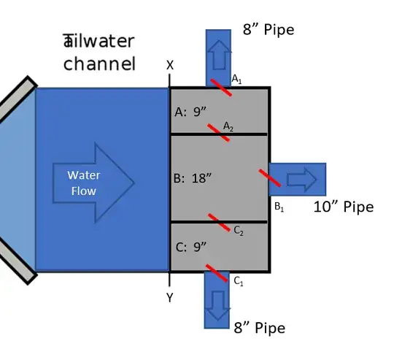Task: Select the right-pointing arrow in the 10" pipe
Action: (301, 179)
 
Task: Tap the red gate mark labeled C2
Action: (220, 221)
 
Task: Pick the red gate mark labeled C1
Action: (218, 274)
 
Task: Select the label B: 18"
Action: (193, 177)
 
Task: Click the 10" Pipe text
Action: (343, 207)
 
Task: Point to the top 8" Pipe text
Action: (269, 31)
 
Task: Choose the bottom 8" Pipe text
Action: (259, 328)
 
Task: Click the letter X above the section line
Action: (170, 65)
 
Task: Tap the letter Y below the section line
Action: (170, 298)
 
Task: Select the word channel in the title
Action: (99, 64)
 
